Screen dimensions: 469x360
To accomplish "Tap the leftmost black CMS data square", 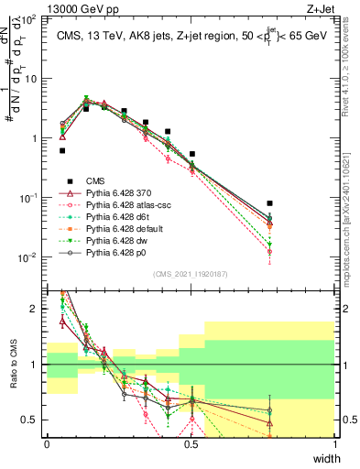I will point(62,150).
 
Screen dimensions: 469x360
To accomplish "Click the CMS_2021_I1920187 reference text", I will point(191,273).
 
